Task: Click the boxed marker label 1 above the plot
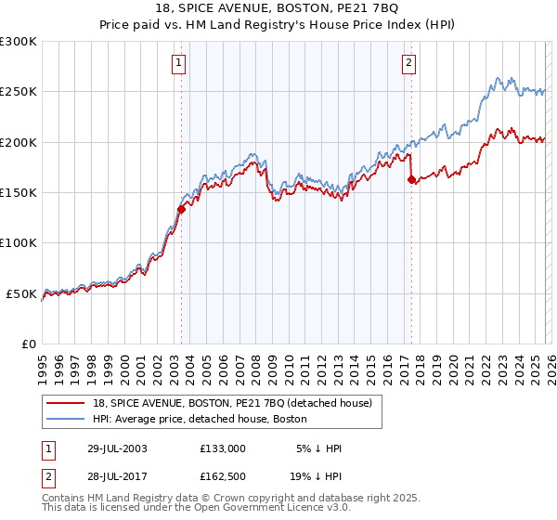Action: [x=177, y=63]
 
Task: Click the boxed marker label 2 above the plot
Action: [x=408, y=63]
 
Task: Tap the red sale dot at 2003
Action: [x=182, y=210]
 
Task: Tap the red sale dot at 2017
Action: [x=411, y=180]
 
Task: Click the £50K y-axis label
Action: [x=22, y=293]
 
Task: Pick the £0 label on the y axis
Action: [x=30, y=344]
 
